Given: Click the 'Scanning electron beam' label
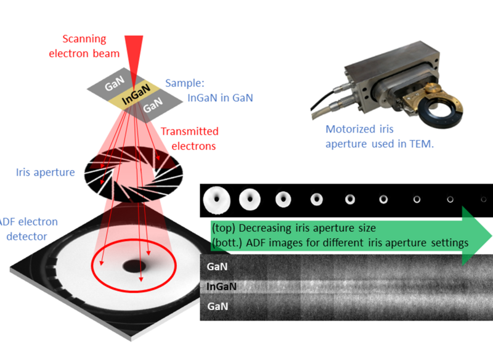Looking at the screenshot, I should [x=84, y=45].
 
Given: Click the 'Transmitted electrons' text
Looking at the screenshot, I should [x=189, y=139].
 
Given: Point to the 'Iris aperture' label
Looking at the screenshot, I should [x=45, y=173].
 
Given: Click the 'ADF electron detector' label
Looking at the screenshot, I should [x=28, y=229].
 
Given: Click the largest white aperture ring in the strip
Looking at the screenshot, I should [x=215, y=198].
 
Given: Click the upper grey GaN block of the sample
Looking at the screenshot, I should [x=115, y=84].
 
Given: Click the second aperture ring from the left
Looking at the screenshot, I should [x=250, y=198].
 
